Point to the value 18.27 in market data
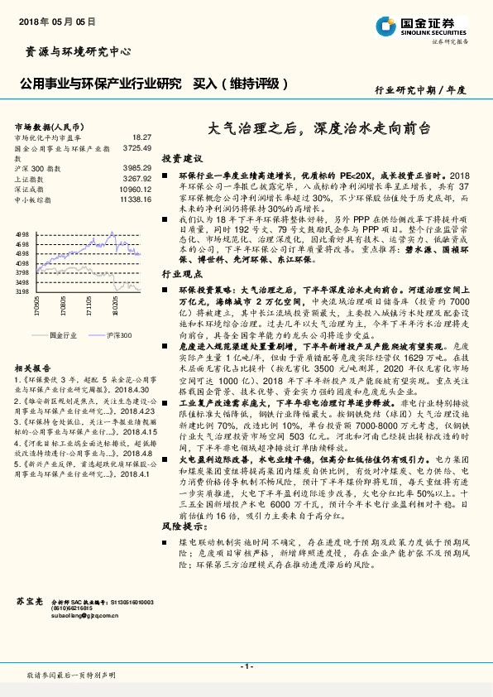click(x=141, y=137)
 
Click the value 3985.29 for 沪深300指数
click(x=136, y=168)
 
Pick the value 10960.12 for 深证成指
click(x=135, y=189)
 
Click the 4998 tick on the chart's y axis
click(x=22, y=235)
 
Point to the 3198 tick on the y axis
click(x=22, y=291)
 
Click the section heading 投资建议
click(x=182, y=157)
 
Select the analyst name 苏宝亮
click(x=28, y=599)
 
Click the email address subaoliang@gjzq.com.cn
click(x=86, y=616)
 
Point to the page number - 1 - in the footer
click(x=246, y=666)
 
